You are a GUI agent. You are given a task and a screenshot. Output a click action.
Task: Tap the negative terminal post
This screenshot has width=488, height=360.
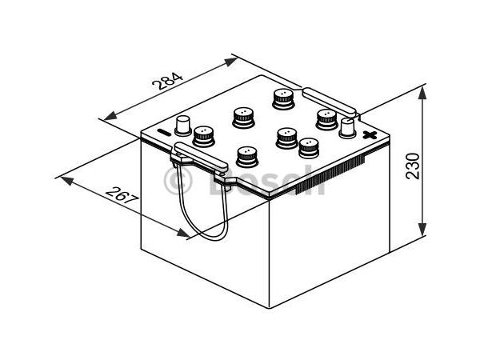pos(183,126)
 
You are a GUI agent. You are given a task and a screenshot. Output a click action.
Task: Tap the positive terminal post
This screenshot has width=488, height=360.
pos(347,128)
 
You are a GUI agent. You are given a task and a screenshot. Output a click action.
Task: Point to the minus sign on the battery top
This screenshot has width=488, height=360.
pos(164,133)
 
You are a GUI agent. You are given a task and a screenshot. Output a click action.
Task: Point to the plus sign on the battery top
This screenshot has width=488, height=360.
pos(369,135)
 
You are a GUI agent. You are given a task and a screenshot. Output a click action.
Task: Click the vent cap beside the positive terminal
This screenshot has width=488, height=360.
pos(326,118)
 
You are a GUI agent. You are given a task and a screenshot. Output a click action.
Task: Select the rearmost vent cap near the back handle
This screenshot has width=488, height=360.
pos(283,98)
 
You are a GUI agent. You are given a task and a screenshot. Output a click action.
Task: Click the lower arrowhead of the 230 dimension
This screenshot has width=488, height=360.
pos(421,234)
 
